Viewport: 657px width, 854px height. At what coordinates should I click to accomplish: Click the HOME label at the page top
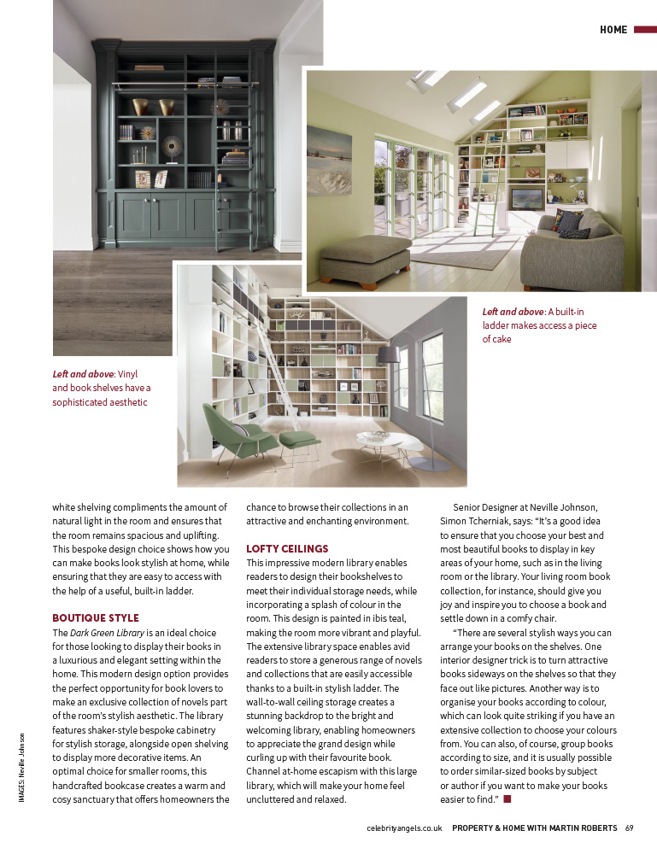point(613,30)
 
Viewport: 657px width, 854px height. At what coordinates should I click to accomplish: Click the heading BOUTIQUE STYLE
point(95,617)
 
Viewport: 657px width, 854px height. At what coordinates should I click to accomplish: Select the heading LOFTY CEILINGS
point(287,548)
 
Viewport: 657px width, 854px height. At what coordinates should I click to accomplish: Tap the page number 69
point(629,828)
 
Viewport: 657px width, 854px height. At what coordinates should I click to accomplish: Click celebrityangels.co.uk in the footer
point(403,828)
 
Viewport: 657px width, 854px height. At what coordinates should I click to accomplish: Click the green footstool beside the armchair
point(299,441)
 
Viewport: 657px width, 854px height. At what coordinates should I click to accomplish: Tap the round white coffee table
point(389,442)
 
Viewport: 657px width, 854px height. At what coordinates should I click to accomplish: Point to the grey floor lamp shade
point(388,354)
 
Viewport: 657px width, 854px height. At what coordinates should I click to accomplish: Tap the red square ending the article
point(507,798)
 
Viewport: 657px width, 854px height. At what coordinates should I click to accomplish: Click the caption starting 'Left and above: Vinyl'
point(101,388)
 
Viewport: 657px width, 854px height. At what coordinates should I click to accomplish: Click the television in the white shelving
point(526,199)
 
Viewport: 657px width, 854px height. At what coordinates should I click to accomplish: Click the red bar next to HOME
point(644,30)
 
